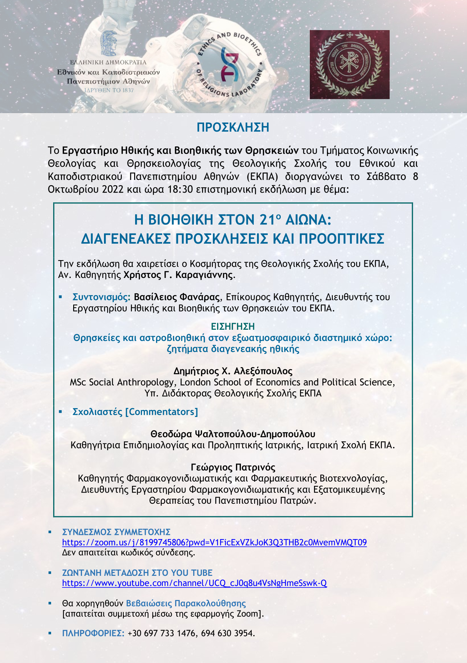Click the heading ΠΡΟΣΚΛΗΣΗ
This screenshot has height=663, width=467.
pyautogui.click(x=233, y=127)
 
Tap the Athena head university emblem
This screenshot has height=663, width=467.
pyautogui.click(x=109, y=43)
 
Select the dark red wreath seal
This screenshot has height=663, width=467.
pyautogui.click(x=349, y=64)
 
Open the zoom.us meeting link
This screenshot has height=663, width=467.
pyautogui.click(x=214, y=543)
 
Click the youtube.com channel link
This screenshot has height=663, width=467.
pyautogui.click(x=194, y=583)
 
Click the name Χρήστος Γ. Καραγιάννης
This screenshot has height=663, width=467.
pyautogui.click(x=178, y=275)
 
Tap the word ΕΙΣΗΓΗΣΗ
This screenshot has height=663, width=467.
pyautogui.click(x=233, y=327)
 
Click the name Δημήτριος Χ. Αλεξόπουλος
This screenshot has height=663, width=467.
pyautogui.click(x=233, y=371)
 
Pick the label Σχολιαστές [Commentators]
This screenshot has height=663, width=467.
pyautogui.click(x=135, y=412)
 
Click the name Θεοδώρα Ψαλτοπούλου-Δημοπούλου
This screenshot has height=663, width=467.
pyautogui.click(x=233, y=434)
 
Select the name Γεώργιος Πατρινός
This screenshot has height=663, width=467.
pyautogui.click(x=233, y=467)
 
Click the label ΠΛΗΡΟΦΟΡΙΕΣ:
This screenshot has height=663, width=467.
pyautogui.click(x=93, y=633)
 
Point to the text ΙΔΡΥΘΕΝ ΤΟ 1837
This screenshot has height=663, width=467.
pyautogui.click(x=109, y=90)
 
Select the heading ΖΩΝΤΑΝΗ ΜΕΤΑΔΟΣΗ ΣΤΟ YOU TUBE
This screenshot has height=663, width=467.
pyautogui.click(x=137, y=573)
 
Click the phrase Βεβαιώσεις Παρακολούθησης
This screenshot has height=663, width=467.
pyautogui.click(x=186, y=603)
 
